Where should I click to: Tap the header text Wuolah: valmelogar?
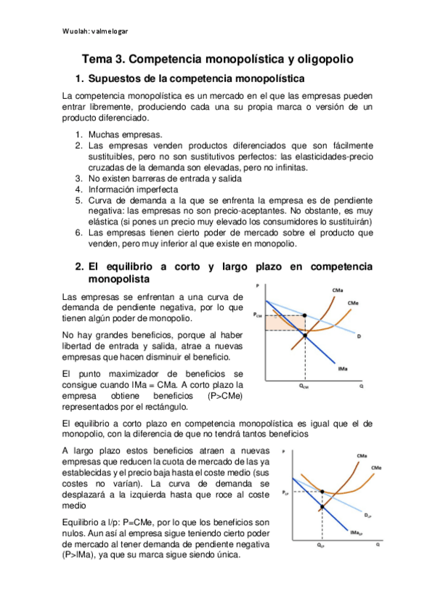coord(97,31)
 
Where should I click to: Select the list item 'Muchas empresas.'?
coord(115,134)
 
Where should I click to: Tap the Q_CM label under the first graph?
coord(304,386)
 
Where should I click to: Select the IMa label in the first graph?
coord(341,370)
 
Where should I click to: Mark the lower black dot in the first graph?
coord(304,334)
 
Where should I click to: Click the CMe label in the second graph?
coord(376,467)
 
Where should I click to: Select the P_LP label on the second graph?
coord(285,493)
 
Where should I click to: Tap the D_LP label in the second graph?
coord(368,515)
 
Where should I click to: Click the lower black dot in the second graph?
coord(321,507)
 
